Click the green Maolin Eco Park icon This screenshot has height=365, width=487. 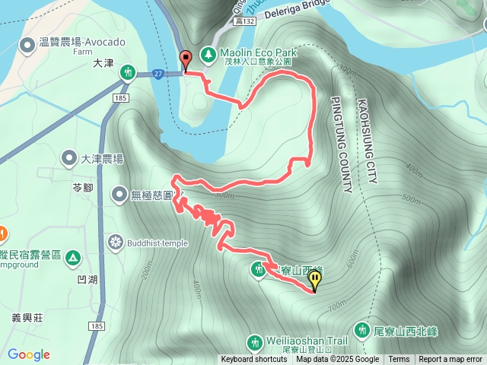(x=207, y=55)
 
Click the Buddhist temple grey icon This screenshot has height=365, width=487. (x=116, y=243)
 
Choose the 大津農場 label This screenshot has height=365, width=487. (x=102, y=159)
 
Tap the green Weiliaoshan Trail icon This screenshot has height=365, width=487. (x=255, y=340)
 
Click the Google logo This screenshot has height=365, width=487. (x=29, y=354)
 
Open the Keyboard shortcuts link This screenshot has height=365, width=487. (x=254, y=360)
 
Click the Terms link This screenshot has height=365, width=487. (x=399, y=360)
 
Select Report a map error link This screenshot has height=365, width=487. (x=450, y=360)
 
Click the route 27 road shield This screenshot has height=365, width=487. (x=158, y=74)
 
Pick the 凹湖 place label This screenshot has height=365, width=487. (x=88, y=280)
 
